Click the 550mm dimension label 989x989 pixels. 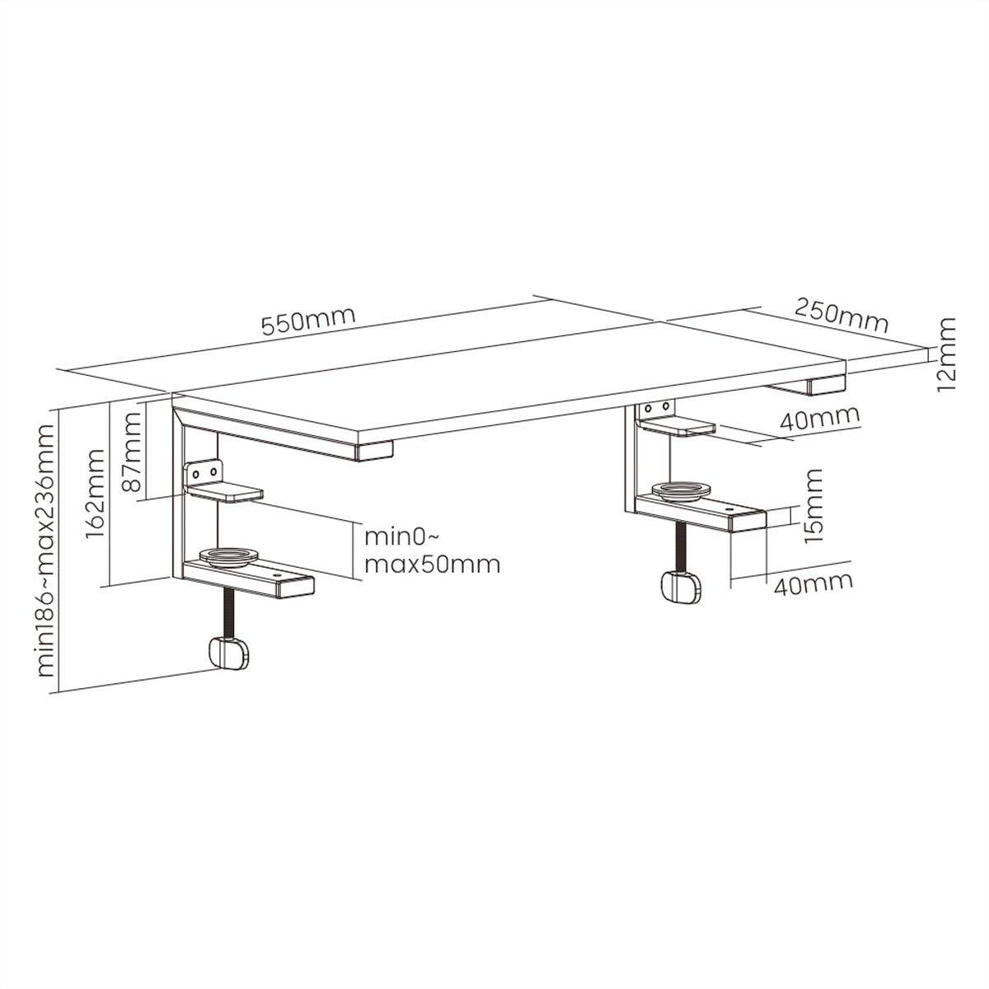tap(308, 321)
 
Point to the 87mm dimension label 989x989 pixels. tap(132, 452)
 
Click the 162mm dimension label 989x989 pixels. tap(95, 493)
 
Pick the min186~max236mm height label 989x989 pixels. tap(46, 551)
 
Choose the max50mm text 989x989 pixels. tap(432, 565)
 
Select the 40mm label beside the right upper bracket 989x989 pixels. tap(819, 419)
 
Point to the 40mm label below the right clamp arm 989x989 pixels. tap(813, 584)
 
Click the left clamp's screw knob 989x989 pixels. tap(229, 653)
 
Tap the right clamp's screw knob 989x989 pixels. tap(682, 587)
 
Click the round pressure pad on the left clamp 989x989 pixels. tap(229, 557)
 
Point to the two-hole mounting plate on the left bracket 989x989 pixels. tap(204, 471)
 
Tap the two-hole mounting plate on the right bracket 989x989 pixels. tap(656, 409)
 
